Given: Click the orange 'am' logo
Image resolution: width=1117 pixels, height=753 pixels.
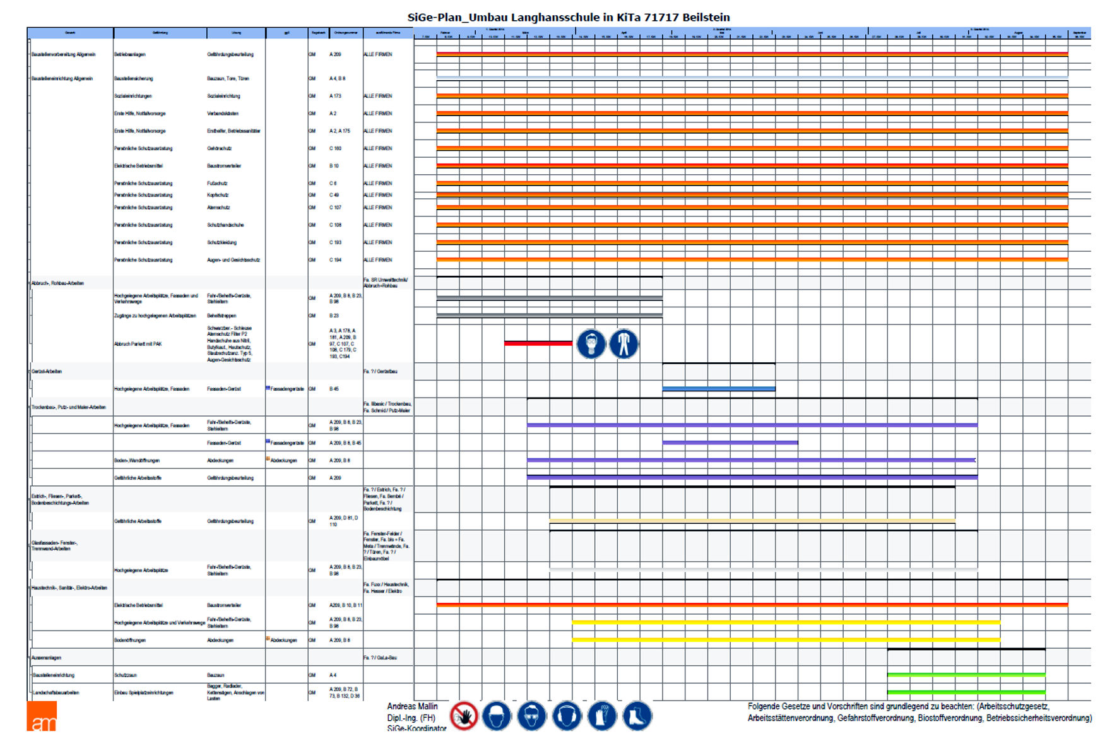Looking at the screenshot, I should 42,716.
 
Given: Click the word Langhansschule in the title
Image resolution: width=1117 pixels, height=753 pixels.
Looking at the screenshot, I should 555,18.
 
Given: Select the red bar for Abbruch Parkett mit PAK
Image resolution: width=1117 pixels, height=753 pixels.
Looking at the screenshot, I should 538,343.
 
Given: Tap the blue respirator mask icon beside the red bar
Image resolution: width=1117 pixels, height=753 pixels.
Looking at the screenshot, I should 591,344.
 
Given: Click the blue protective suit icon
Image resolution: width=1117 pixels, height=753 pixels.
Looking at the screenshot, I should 624,344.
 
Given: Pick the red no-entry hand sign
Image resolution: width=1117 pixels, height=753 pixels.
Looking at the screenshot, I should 464,716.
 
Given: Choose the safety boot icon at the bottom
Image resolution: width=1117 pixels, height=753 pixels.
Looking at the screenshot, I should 637,716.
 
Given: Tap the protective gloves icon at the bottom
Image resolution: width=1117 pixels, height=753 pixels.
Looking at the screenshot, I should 602,716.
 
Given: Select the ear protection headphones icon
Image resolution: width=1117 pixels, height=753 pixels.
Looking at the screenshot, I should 567,716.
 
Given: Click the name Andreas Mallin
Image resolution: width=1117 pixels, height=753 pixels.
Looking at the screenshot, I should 412,706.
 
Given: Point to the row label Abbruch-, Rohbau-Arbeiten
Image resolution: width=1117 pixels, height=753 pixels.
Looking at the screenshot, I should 57,283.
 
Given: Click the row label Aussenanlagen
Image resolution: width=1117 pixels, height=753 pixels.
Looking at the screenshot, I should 46,658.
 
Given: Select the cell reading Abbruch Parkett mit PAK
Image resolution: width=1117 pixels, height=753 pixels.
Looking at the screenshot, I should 138,344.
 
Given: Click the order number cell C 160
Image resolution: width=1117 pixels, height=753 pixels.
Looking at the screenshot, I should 335,148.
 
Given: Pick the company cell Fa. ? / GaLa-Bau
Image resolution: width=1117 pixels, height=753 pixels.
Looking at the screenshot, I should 380,658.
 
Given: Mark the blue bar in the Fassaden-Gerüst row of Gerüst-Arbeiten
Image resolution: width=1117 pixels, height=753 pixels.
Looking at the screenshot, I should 718,389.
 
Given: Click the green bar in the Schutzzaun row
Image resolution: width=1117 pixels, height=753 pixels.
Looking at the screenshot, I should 966,675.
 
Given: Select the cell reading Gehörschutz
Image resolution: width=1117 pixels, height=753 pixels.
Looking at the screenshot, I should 219,148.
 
